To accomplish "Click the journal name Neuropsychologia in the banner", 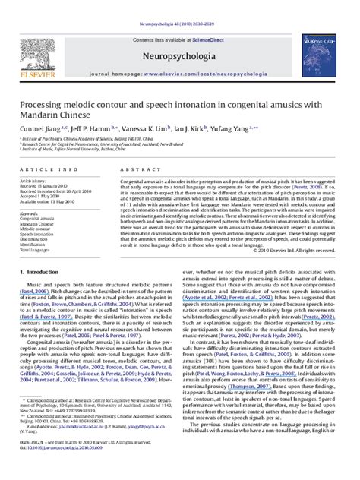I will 179,35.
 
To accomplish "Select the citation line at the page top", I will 179,4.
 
